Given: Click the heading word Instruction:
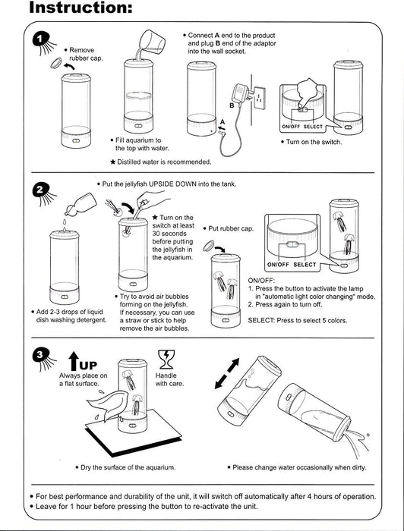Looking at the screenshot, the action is (x=80, y=8).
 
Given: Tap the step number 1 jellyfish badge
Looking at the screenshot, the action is (x=43, y=43).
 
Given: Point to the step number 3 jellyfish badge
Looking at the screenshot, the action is (x=43, y=358).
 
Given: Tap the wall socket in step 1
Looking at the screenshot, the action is (x=259, y=98).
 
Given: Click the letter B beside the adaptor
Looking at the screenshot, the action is (x=232, y=105).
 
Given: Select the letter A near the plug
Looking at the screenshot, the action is (x=223, y=122).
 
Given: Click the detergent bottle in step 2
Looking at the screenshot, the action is (x=80, y=204).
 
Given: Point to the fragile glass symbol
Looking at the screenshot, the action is (x=166, y=359).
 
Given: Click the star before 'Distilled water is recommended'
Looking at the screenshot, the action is (x=113, y=162).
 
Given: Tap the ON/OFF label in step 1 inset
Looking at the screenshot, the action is (x=291, y=127).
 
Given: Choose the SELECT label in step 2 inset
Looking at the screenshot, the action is (x=305, y=265).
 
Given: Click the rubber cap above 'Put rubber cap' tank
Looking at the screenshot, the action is (x=208, y=246).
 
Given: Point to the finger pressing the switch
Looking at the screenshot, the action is (x=308, y=93).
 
